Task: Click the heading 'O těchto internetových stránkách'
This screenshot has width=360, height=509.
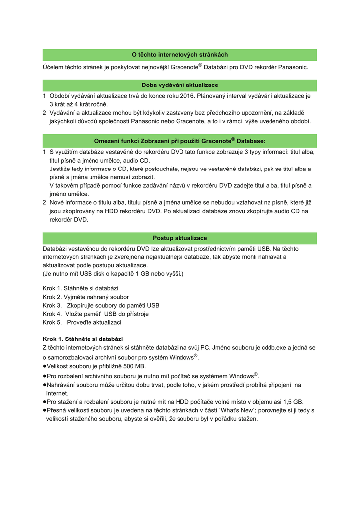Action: click(x=180, y=55)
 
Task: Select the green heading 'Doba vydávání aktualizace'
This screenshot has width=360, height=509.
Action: click(x=180, y=85)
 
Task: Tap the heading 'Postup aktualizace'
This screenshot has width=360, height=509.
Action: click(x=180, y=238)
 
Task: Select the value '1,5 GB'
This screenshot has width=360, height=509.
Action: click(x=292, y=402)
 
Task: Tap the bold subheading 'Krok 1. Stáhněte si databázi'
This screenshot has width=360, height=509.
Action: click(x=83, y=339)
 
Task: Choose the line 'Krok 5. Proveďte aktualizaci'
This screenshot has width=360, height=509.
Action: click(x=82, y=322)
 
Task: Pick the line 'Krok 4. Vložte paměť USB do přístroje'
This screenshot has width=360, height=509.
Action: click(x=95, y=314)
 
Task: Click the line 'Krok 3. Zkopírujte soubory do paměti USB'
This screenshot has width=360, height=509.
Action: click(x=101, y=305)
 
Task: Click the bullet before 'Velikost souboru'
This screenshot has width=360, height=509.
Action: click(x=45, y=366)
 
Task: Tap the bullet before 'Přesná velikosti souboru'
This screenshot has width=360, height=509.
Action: click(x=45, y=411)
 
